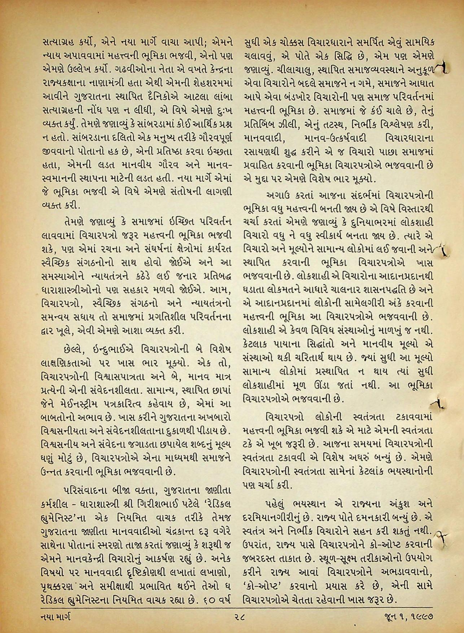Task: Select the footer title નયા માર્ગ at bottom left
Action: click(x=56, y=617)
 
